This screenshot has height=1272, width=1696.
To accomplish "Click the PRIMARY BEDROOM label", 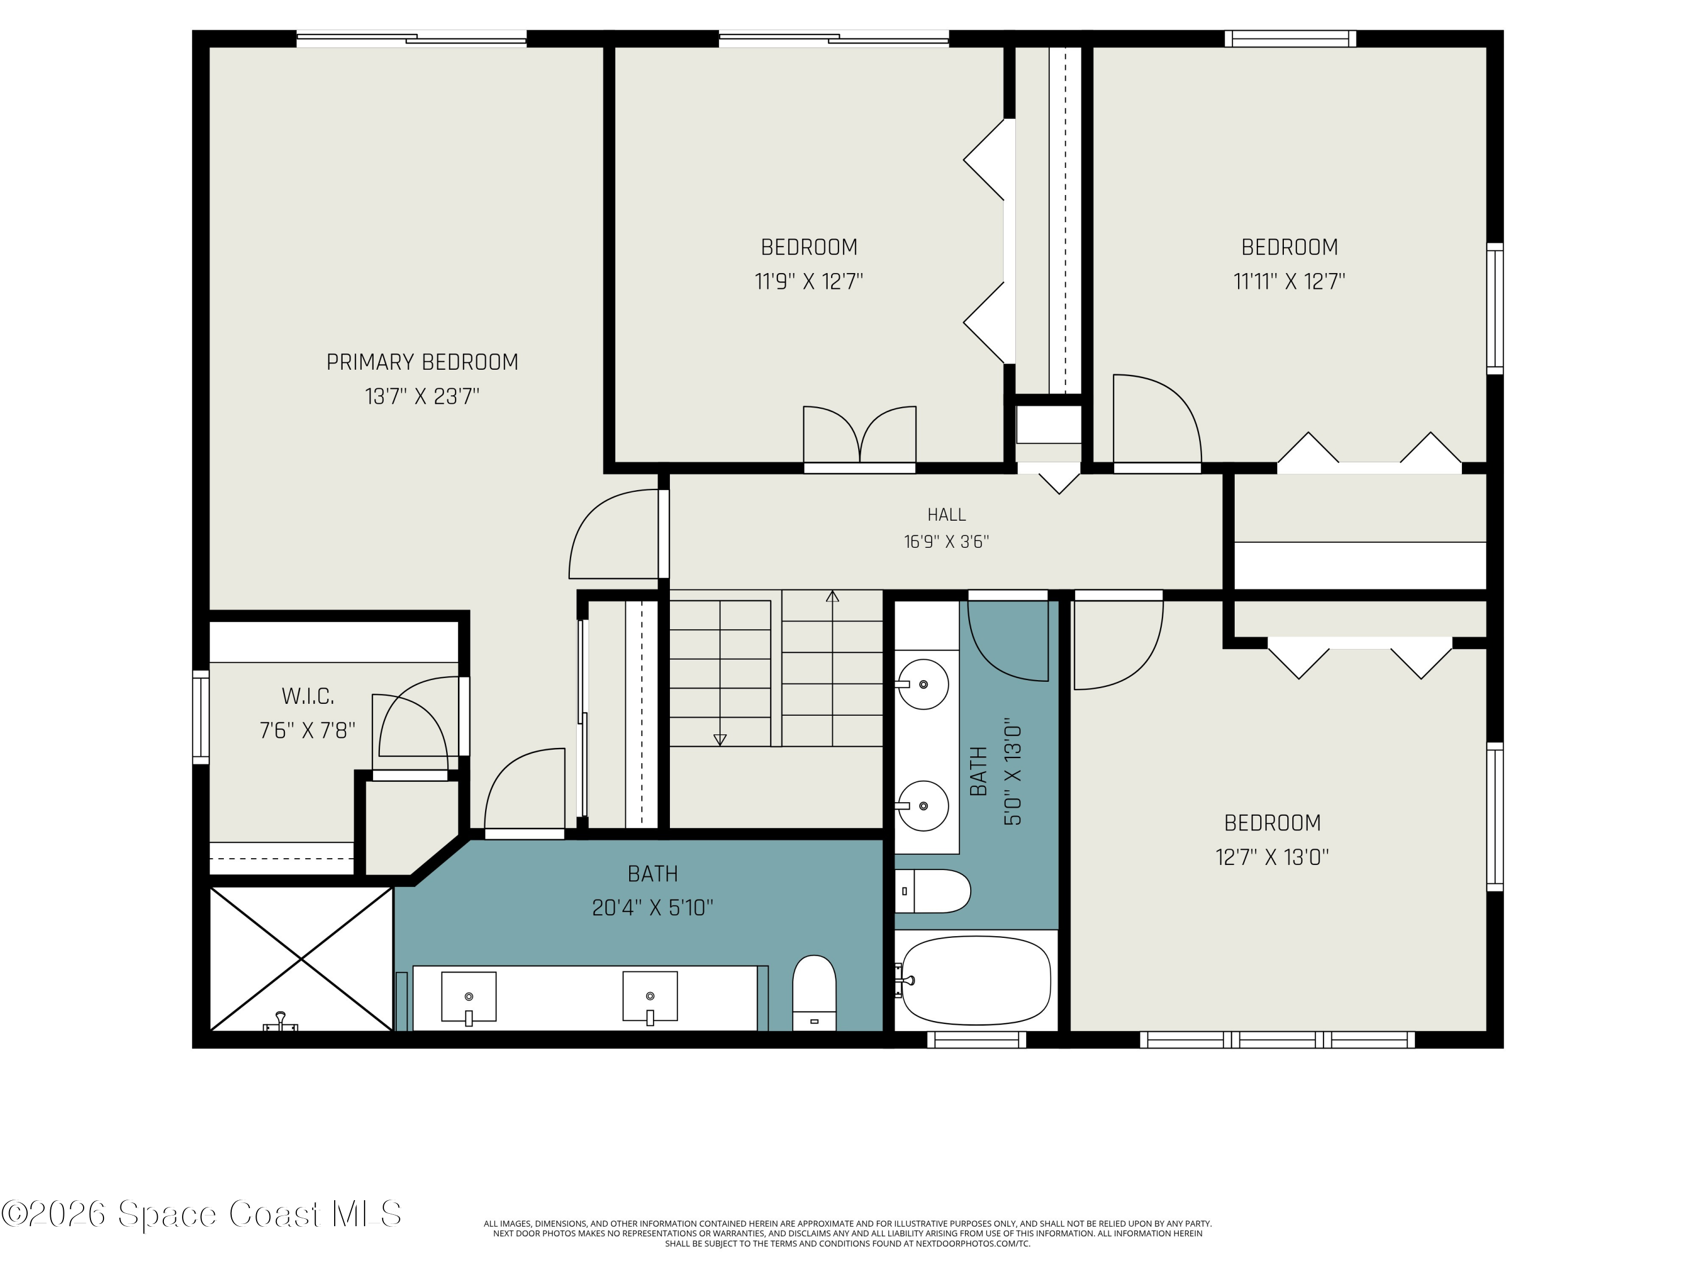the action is tap(422, 362).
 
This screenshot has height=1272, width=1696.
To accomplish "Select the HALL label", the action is tap(946, 514).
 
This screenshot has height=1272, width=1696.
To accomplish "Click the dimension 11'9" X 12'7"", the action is tap(809, 282).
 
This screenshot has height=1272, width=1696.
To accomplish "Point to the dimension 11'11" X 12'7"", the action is tap(1289, 282).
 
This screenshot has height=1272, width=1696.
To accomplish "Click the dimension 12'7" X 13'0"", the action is tap(1272, 856).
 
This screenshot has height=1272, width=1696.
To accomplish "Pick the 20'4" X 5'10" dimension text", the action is tap(652, 908).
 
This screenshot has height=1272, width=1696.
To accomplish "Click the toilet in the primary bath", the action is tap(814, 993).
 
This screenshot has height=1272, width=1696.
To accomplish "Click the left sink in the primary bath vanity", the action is tap(469, 997).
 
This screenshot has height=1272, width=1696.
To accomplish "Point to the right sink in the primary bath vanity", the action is tap(650, 997).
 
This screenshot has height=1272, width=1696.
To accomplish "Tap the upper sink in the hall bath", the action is tap(923, 684).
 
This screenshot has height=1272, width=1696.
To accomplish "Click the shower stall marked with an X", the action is tap(301, 958).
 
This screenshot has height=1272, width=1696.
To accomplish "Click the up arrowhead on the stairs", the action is tap(833, 596).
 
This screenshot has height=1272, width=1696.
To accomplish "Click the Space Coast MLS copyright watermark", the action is tap(201, 1214).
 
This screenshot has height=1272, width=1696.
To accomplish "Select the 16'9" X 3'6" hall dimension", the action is tap(946, 542).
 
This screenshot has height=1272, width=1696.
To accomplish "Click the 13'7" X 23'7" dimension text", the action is tap(422, 396).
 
